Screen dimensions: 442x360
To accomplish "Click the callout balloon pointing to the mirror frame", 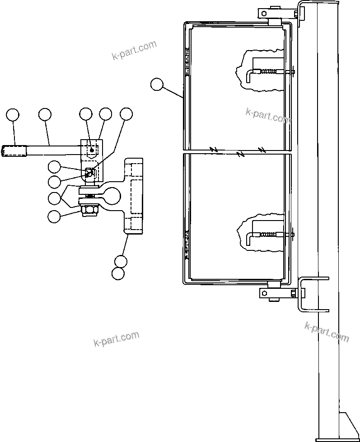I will pyautogui.click(x=157, y=85).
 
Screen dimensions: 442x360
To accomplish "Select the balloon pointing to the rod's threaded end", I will pyautogui.click(x=13, y=115).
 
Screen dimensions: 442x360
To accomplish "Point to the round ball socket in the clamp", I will pyautogui.click(x=112, y=195).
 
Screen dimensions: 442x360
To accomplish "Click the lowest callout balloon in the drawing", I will pyautogui.click(x=118, y=273).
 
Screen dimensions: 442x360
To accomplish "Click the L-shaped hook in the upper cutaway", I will pyautogui.click(x=251, y=75).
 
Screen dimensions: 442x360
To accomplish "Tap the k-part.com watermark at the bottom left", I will pyautogui.click(x=116, y=339).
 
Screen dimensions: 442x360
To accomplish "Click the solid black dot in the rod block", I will pyautogui.click(x=92, y=150).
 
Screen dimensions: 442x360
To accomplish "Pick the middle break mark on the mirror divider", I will pyautogui.click(x=241, y=154).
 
